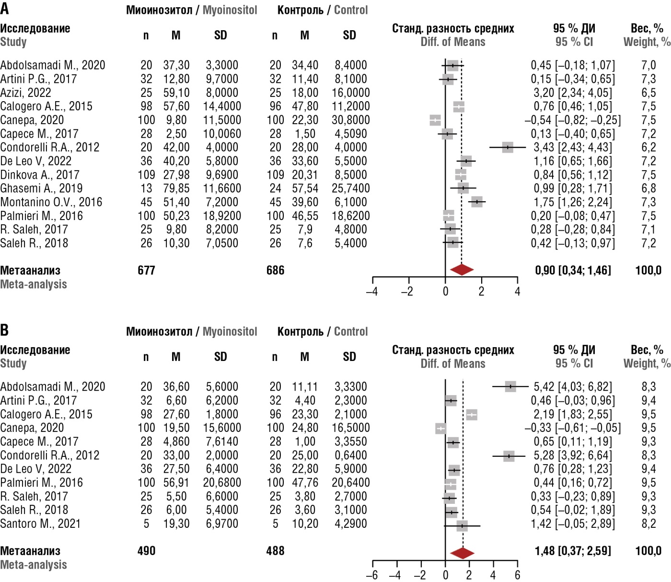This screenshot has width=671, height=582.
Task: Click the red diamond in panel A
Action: point(462,270)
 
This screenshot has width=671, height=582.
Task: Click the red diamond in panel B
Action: point(463,553)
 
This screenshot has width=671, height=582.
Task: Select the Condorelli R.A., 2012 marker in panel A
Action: point(508,147)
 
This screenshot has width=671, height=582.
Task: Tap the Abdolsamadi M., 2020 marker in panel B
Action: point(510,386)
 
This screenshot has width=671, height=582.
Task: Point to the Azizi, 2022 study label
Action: point(25,93)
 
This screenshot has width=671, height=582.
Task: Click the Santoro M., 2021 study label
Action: point(40,524)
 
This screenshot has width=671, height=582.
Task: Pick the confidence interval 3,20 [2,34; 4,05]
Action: point(573,93)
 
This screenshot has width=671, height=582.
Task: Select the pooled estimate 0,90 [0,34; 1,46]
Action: point(573,270)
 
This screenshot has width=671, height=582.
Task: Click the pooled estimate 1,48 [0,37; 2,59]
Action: point(573,551)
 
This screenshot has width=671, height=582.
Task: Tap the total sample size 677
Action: point(146,270)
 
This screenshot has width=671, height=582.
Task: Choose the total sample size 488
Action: point(275,551)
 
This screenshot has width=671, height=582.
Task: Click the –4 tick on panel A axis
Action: point(372,291)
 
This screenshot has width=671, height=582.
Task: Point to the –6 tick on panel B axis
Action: point(372,575)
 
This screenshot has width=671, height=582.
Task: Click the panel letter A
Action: point(5,8)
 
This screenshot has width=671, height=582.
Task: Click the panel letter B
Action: point(5,330)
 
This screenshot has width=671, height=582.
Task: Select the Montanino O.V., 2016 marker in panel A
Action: point(477,202)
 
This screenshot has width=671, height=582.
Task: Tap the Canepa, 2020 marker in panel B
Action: point(440,428)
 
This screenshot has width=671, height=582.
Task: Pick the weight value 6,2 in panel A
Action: point(648,147)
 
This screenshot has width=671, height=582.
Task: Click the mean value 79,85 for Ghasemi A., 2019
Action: point(176,188)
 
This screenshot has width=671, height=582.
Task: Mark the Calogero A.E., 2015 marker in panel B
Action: point(472,415)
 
